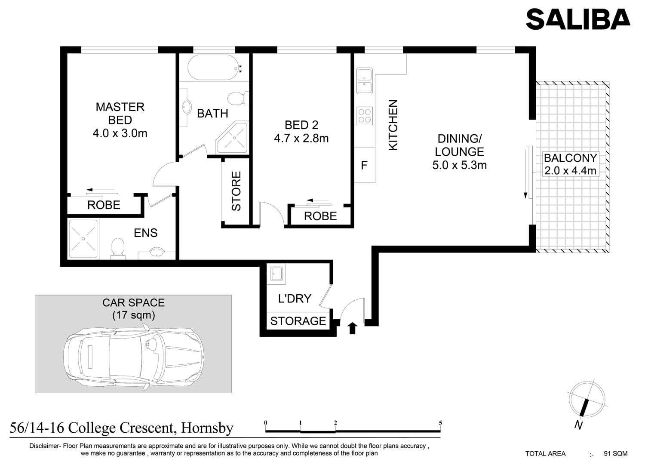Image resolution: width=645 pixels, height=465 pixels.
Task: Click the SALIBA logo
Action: tap(578, 19)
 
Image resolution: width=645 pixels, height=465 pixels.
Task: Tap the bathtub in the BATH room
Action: tap(214, 68)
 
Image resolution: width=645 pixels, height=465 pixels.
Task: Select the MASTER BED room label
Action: tap(120, 114)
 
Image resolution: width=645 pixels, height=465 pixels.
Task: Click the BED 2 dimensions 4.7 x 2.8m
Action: tap(301, 139)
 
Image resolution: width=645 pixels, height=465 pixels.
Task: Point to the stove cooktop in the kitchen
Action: tap(365, 116)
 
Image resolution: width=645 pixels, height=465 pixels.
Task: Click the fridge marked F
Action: tap(365, 165)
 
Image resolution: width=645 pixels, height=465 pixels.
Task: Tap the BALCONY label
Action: tap(570, 158)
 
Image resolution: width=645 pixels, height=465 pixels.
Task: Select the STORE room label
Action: tap(236, 191)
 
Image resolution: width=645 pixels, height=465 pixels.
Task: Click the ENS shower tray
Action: tap(83, 239)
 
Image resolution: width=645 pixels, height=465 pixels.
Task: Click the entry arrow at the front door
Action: tap(353, 328)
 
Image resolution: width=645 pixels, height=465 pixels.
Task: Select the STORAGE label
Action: tap(298, 321)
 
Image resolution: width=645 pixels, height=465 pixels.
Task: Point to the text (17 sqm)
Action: tap(134, 315)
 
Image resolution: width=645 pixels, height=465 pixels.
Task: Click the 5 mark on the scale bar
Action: tap(440, 423)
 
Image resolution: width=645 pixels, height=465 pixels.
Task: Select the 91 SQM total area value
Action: tap(616, 454)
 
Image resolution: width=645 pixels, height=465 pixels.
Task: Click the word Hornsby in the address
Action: tap(207, 428)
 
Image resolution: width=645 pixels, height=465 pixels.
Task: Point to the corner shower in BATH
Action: tap(232, 137)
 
